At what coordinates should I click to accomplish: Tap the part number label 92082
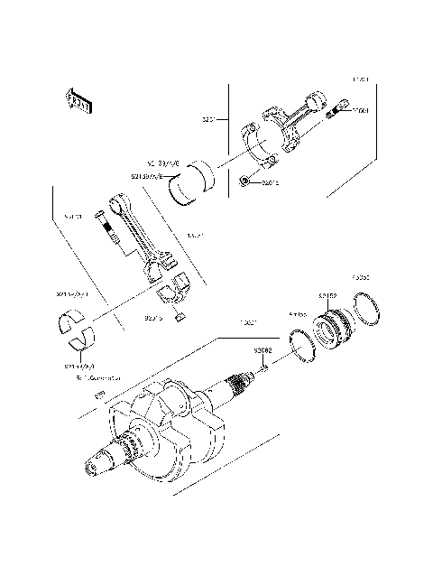point(263,349)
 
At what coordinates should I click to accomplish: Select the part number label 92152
point(326,295)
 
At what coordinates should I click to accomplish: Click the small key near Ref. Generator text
point(102,394)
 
